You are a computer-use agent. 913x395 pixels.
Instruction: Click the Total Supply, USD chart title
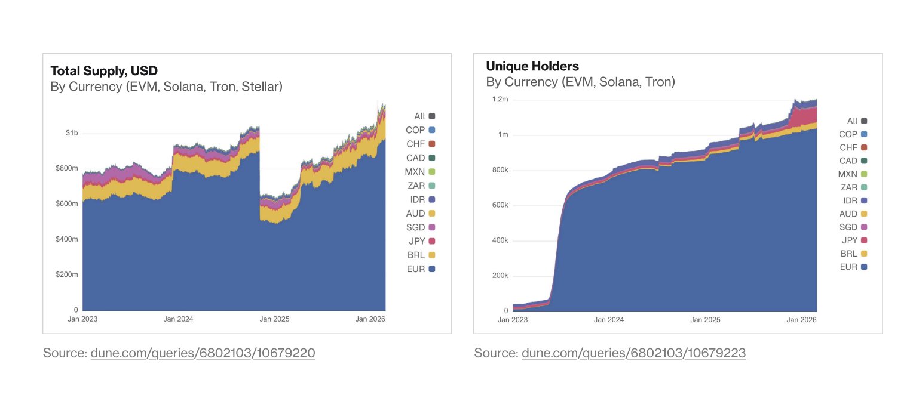tap(104, 70)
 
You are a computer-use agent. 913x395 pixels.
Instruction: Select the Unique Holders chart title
tap(532, 66)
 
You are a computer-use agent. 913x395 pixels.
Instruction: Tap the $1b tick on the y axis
tap(72, 133)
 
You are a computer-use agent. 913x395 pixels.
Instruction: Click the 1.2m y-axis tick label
tap(500, 100)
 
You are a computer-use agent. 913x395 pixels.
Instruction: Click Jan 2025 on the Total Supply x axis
tap(274, 319)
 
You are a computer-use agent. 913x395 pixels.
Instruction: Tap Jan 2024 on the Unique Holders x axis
tap(609, 320)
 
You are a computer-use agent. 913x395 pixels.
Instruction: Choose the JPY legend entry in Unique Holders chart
tap(854, 240)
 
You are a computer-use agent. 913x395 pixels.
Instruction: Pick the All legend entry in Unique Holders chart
tap(857, 121)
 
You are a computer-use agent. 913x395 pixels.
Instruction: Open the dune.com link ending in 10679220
tap(203, 353)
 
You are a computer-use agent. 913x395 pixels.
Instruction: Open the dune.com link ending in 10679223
tap(633, 353)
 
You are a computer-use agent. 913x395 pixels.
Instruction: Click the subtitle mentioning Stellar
tap(166, 87)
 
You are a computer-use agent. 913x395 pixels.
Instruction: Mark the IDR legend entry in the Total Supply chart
tap(423, 199)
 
